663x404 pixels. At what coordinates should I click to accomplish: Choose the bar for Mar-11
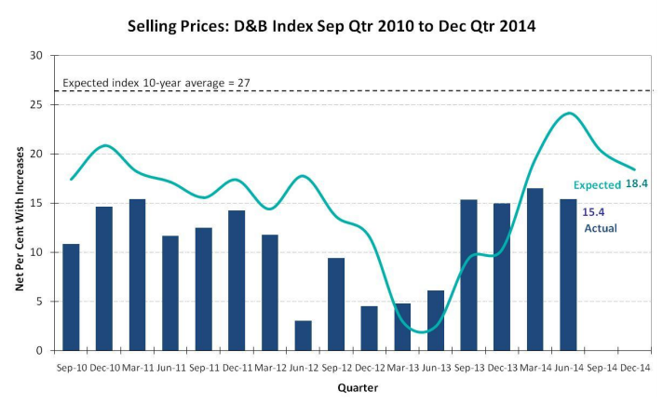coord(137,275)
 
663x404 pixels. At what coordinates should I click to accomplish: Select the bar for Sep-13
coord(468,275)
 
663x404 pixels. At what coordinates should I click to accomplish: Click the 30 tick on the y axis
coord(37,56)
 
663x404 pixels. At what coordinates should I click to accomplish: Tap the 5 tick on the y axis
coord(40,302)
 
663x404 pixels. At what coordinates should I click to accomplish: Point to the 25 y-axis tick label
coord(37,105)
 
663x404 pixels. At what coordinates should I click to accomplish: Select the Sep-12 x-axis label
coord(336,369)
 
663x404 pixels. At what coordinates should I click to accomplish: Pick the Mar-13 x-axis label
coord(402,369)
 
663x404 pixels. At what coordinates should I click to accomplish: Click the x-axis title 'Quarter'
coord(358,387)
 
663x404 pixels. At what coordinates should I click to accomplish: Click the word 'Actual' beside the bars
coord(600,228)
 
